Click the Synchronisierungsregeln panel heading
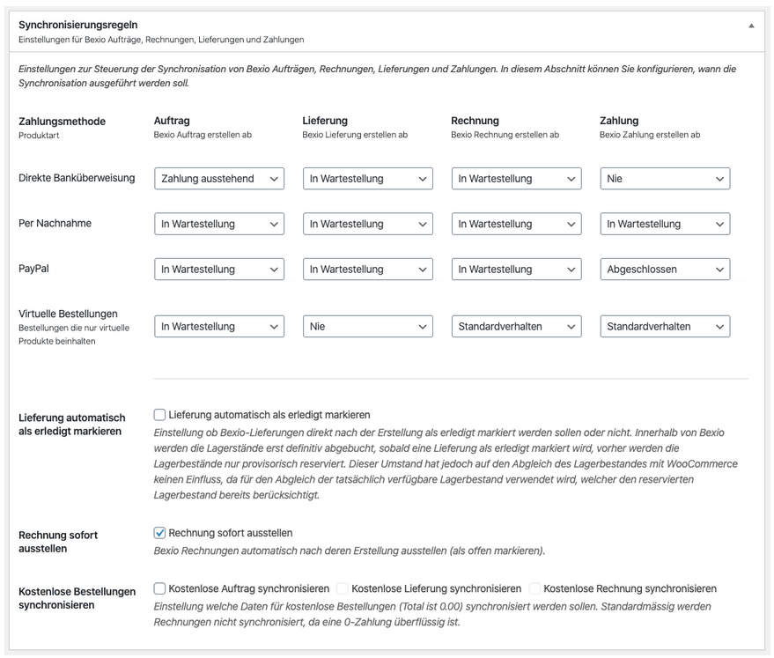point(78,26)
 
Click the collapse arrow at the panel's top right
point(751,26)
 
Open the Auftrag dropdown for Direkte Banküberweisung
point(219,179)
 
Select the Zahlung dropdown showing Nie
point(665,179)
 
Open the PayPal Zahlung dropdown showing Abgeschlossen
point(665,270)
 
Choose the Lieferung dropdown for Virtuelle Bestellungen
point(367,327)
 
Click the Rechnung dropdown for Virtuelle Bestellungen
point(516,327)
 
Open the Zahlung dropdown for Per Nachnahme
point(665,224)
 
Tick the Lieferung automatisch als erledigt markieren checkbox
point(159,414)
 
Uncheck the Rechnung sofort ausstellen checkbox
point(159,532)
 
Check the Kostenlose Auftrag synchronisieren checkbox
point(159,588)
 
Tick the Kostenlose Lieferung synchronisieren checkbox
point(343,588)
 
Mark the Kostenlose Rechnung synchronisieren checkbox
point(535,588)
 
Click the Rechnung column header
point(475,121)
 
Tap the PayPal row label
point(34,269)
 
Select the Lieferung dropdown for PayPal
point(367,270)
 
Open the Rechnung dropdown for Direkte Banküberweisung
point(516,179)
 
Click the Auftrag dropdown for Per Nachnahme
point(219,224)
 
